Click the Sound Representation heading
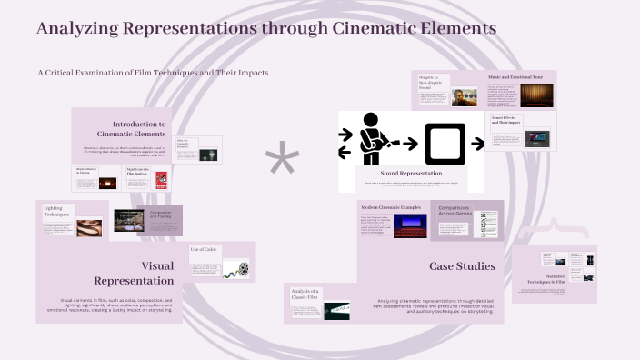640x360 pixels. coord(412,173)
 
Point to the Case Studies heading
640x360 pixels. coord(461,266)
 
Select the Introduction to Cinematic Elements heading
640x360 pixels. coord(138,128)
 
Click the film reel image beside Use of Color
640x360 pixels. coord(241,269)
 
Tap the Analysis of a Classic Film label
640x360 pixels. coord(305,293)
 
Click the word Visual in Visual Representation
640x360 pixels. coord(156,265)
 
